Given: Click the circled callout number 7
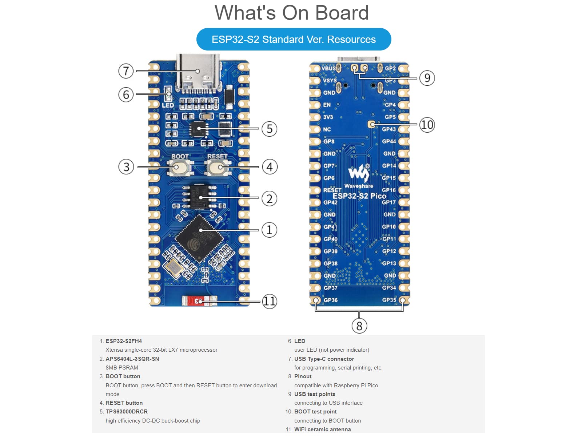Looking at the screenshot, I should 126,71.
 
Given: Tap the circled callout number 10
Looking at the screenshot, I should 427,125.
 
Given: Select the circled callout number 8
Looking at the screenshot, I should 359,326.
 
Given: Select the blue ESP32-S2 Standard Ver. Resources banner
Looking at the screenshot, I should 294,39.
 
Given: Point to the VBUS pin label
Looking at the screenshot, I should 328,68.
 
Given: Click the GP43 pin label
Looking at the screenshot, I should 389,129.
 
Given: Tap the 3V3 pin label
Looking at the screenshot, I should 328,117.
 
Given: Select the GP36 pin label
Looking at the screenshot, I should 331,300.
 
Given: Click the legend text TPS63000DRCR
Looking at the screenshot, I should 127,412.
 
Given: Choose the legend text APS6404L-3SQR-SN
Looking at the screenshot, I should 132,359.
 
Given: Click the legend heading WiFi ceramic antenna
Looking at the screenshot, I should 322,429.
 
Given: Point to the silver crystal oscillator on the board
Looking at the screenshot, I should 174,268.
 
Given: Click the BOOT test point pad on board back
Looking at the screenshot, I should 372,124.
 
